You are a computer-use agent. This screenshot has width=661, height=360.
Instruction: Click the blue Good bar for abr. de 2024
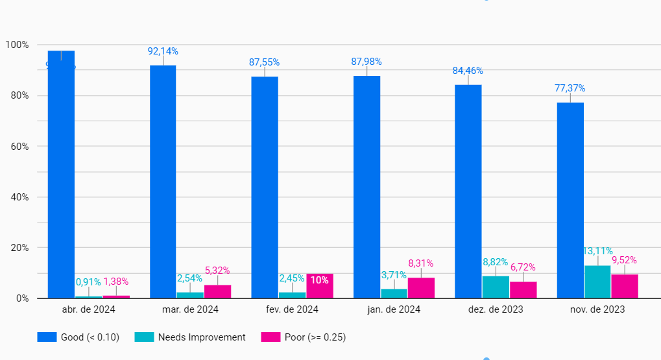pyautogui.click(x=61, y=175)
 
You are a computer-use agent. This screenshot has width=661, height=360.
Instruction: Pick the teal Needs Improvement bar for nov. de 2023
pyautogui.click(x=597, y=282)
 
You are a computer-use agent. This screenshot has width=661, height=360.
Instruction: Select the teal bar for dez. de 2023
pyautogui.click(x=496, y=287)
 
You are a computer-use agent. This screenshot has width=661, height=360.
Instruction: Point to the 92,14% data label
pyautogui.click(x=163, y=51)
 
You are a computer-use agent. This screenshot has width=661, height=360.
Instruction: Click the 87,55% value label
pyautogui.click(x=264, y=62)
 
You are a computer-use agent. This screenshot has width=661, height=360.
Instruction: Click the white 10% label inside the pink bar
pyautogui.click(x=319, y=280)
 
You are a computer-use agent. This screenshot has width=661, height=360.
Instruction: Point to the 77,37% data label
pyautogui.click(x=570, y=88)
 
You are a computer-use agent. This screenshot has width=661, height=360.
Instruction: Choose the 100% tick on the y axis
pyautogui.click(x=17, y=45)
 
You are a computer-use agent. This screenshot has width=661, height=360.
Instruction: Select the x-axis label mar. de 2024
pyautogui.click(x=190, y=309)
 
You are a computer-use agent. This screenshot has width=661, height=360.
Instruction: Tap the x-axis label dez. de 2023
pyautogui.click(x=496, y=309)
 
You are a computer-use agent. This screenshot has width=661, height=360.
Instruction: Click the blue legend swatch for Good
pyautogui.click(x=47, y=337)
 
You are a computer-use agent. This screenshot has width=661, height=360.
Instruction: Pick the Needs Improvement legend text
pyautogui.click(x=202, y=337)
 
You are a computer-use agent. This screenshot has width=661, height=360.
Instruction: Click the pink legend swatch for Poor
pyautogui.click(x=270, y=337)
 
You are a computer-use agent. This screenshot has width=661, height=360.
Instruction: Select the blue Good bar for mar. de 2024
pyautogui.click(x=163, y=182)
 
